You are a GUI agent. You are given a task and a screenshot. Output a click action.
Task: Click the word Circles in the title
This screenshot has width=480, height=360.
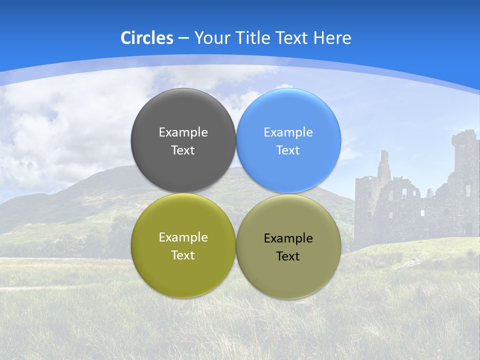(x=147, y=38)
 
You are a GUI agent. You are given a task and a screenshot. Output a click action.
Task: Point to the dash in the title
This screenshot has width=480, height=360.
(x=183, y=38)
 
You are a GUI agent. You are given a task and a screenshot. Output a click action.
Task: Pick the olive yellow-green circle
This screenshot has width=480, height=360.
(x=183, y=272)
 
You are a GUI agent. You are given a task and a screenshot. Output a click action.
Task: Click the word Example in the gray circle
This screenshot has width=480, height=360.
(x=183, y=132)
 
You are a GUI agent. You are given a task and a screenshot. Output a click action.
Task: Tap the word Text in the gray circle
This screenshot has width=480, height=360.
(x=183, y=150)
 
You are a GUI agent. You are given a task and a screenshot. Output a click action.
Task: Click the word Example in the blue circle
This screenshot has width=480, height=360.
(x=288, y=132)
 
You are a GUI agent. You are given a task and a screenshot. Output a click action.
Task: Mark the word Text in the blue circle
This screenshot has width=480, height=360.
(x=288, y=150)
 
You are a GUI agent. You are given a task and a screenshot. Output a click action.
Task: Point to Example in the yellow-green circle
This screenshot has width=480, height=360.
(x=183, y=237)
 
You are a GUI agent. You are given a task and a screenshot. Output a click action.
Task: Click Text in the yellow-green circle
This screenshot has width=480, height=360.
(x=183, y=255)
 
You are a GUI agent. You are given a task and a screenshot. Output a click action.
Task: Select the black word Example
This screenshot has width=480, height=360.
(x=288, y=238)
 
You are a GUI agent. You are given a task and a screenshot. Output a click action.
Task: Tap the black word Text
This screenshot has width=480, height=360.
(x=288, y=256)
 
